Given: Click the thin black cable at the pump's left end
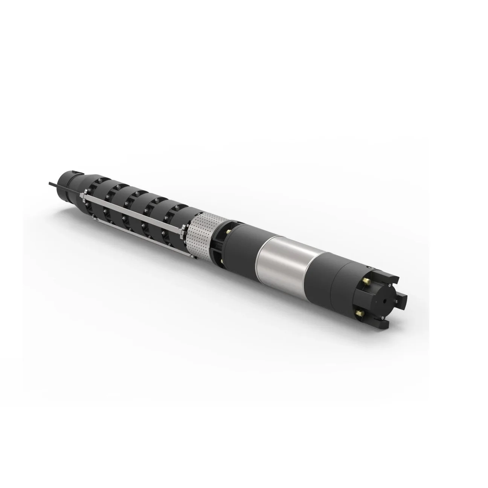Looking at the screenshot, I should point(53,185).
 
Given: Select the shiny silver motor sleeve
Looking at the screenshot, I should point(282,260).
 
